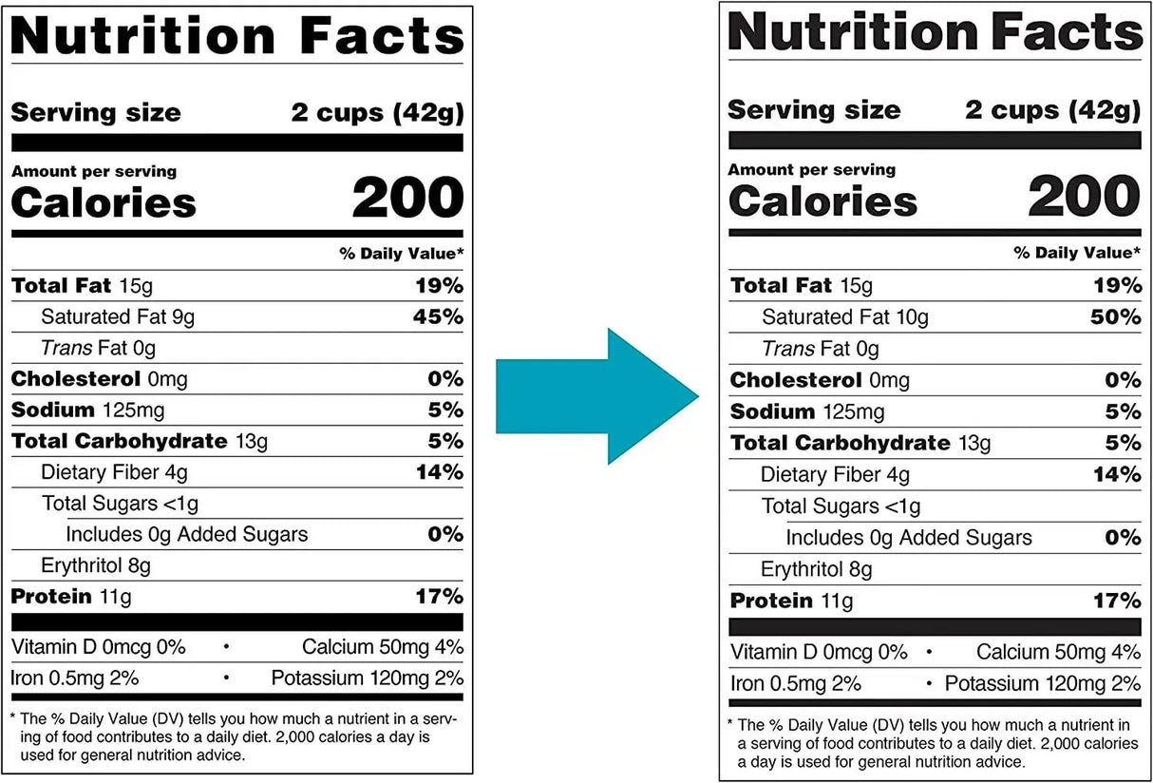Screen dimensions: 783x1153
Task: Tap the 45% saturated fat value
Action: pos(438,316)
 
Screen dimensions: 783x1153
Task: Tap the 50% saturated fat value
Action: pos(1115,317)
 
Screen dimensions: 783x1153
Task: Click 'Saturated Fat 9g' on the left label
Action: pos(118,317)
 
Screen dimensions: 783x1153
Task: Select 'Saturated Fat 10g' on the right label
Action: pos(845,318)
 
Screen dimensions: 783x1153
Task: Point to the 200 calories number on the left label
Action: pos(407,200)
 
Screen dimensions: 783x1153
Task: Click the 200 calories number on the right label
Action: pos(1084,198)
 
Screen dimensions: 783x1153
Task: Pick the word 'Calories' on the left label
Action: pos(104,203)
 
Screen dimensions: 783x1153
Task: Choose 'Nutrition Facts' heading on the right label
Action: pos(935,33)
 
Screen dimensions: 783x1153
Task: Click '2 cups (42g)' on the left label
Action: pos(377,114)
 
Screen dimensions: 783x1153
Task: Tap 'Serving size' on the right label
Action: pos(814,110)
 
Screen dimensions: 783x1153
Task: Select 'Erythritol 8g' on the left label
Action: pos(96,566)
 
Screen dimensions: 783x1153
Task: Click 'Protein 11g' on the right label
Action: pos(791,602)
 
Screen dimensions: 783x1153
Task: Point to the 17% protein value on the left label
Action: pos(439,597)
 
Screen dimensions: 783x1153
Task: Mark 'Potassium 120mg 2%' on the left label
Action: pos(367,678)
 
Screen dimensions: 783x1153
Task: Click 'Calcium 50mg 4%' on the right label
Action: pos(1058,653)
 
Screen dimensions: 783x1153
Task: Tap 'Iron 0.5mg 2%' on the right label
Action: pos(796,684)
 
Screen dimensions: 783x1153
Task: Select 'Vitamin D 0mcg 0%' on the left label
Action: pos(98,648)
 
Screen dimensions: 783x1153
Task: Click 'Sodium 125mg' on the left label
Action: pos(87,411)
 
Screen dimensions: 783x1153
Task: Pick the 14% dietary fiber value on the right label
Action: pos(1116,474)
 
